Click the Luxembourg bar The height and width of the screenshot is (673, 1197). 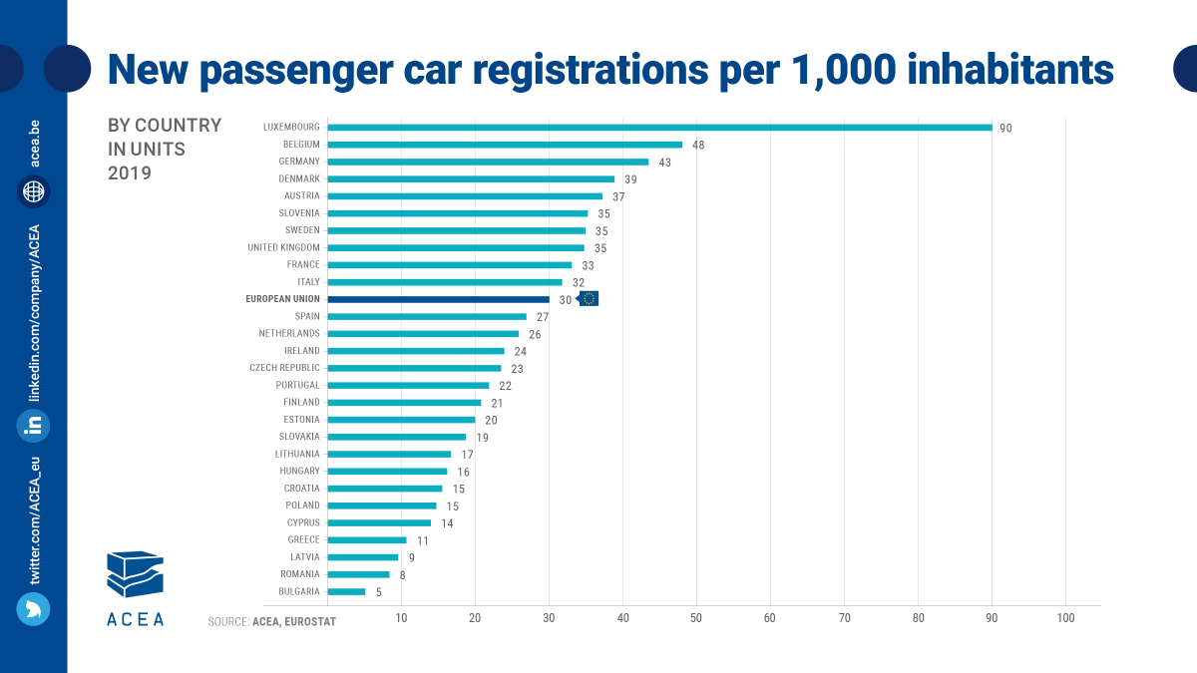point(659,127)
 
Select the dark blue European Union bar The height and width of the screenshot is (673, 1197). point(438,299)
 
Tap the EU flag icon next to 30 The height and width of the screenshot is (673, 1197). point(589,299)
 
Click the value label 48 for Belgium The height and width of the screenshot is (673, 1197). point(698,145)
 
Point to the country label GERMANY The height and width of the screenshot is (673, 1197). point(299,162)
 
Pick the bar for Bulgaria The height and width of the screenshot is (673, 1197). point(346,591)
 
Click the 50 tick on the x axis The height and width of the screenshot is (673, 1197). point(696,619)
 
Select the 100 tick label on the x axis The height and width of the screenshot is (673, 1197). point(1065,619)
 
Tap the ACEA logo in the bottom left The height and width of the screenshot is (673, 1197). point(135,587)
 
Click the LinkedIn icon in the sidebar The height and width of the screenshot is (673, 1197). point(33,426)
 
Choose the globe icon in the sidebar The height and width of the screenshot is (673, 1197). point(33,191)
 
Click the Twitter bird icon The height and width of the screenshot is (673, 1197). point(33,608)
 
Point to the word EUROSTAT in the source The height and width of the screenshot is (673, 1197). point(311,622)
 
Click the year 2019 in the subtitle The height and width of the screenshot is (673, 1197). point(129,173)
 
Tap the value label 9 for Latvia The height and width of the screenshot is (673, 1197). point(411,557)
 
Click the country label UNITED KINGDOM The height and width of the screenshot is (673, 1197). point(283,247)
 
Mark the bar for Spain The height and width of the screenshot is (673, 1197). point(426,316)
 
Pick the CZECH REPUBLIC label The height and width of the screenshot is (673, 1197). point(284,368)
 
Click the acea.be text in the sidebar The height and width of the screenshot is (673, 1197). point(34,143)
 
